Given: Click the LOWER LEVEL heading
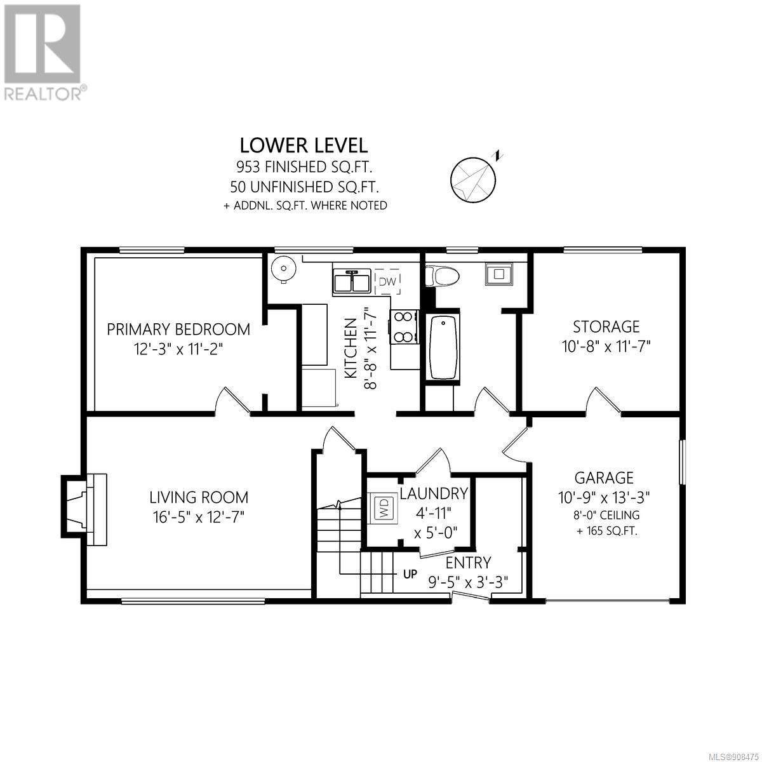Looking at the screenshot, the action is coord(304,146).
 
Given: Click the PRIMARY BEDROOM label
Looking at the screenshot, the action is coord(178,330).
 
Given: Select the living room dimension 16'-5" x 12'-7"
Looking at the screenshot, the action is coord(199,517).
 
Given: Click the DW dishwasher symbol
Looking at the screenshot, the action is coord(387,281).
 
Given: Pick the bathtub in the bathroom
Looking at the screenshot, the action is coord(444,347).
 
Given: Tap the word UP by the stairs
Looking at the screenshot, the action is coord(410,574).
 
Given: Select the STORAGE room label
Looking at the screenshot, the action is coord(606,326).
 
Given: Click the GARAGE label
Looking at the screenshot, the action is coord(604,478).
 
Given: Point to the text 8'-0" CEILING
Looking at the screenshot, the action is coord(607,515).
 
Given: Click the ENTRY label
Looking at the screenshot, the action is coord(469,563).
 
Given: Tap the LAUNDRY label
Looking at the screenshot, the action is coord(434,493).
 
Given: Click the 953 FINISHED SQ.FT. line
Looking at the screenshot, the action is coord(304,167).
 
